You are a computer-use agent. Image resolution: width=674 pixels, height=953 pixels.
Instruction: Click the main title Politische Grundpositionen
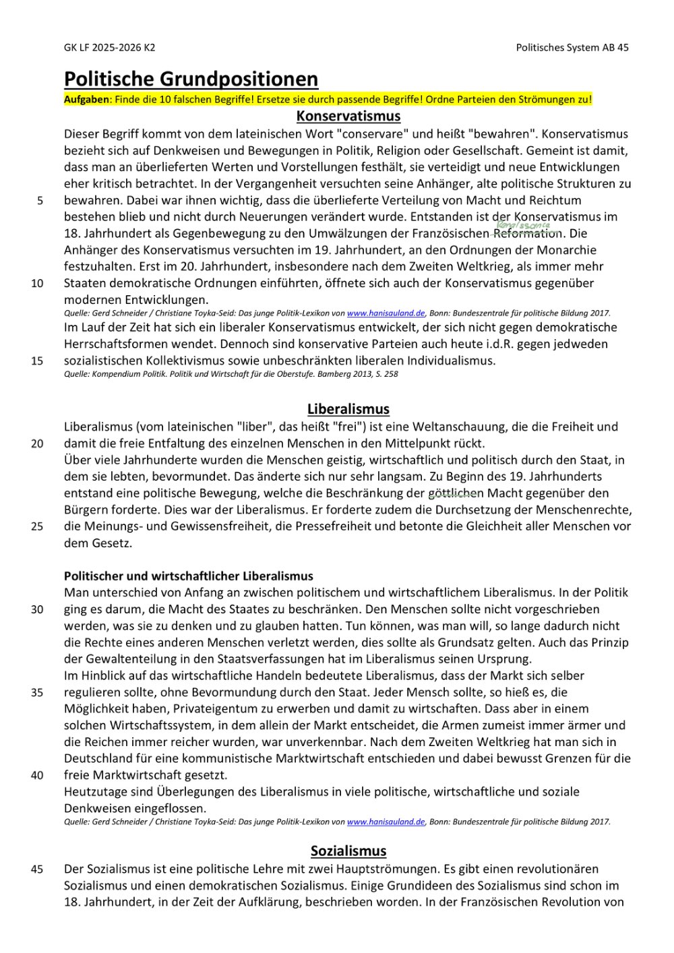(x=191, y=79)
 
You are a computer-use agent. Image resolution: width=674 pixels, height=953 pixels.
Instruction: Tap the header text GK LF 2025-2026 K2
(x=109, y=47)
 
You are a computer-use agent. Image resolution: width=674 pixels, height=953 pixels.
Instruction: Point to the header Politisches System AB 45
(x=572, y=47)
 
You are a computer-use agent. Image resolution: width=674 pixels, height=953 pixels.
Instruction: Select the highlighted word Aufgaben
(x=86, y=100)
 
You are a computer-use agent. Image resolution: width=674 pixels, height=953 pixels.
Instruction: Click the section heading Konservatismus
(x=348, y=116)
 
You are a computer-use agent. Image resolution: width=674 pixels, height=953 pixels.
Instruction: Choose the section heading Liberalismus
(x=348, y=409)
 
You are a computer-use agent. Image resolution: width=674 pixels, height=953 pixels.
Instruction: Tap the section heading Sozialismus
(x=348, y=851)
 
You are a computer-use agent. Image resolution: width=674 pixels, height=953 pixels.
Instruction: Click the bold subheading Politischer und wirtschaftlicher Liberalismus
(x=189, y=576)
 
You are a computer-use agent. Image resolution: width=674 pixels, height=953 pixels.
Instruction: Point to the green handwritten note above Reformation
(x=523, y=225)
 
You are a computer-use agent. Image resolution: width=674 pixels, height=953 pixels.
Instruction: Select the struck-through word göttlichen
(x=456, y=493)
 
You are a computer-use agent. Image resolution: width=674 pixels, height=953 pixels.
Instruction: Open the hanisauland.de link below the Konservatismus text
(x=386, y=313)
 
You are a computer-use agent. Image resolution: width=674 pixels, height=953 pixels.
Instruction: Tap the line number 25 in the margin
(x=37, y=526)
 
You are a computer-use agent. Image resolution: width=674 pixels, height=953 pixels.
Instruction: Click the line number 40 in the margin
(x=37, y=775)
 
